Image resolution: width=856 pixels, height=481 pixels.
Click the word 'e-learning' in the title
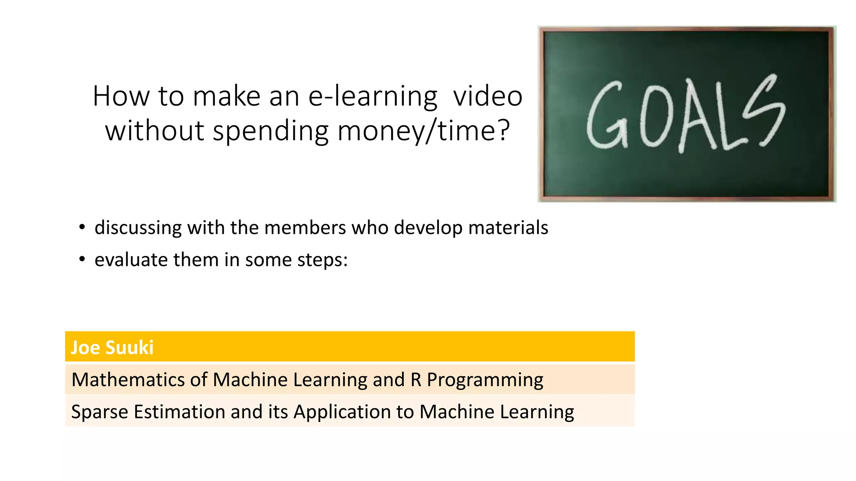pos(372,96)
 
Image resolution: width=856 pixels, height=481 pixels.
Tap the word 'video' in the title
pos(488,96)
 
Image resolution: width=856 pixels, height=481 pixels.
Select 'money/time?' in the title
pos(423,131)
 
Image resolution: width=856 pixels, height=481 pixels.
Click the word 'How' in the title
pos(121,96)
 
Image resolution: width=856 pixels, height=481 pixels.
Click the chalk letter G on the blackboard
pos(607,115)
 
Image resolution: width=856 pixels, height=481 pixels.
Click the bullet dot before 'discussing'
pos(82,228)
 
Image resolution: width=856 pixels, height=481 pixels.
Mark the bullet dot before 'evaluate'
pos(82,260)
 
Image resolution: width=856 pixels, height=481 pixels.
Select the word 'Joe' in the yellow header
pos(86,347)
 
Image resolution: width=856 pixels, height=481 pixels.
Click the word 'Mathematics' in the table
pos(128,380)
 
